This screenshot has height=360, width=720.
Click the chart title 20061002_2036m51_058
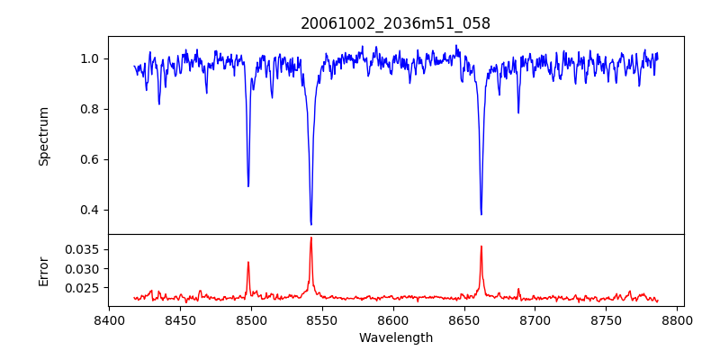coord(395,23)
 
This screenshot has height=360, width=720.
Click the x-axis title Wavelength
coord(395,338)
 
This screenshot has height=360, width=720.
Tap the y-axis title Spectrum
coord(44,136)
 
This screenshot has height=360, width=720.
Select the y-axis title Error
coord(44,270)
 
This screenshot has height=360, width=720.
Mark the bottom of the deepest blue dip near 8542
coord(310,224)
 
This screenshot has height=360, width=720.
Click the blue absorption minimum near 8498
coord(248,185)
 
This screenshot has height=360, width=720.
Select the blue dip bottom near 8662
coord(481,214)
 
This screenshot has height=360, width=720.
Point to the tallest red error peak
coord(310,238)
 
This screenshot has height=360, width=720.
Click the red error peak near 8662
coord(481,246)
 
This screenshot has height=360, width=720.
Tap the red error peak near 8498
coord(248,262)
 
